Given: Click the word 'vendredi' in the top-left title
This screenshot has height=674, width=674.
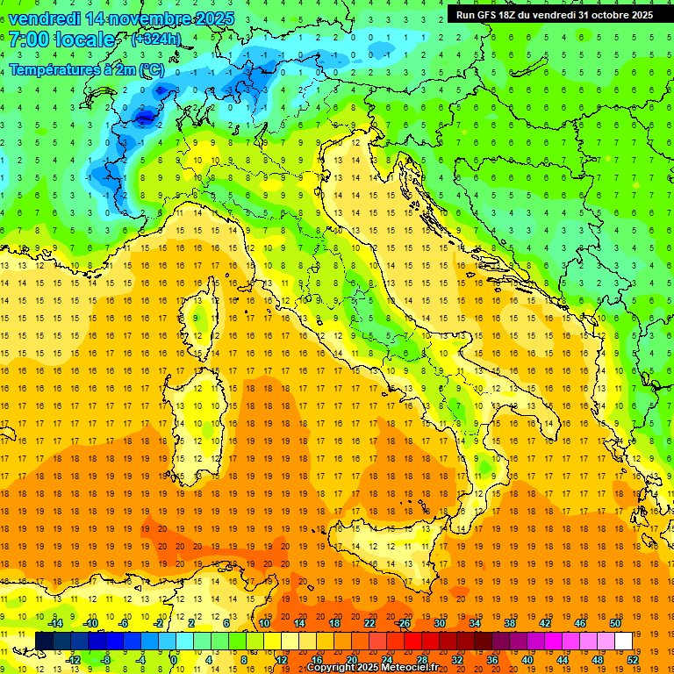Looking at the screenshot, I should [44, 18].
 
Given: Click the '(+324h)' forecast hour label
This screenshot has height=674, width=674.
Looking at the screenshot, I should [155, 39].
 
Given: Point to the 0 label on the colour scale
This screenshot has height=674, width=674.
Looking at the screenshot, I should [174, 660].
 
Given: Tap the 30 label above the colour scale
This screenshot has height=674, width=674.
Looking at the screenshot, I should [440, 623].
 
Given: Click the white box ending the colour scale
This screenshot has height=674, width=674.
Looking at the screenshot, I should [623, 641].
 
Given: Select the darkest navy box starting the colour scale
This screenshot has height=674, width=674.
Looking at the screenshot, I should [45, 641].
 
